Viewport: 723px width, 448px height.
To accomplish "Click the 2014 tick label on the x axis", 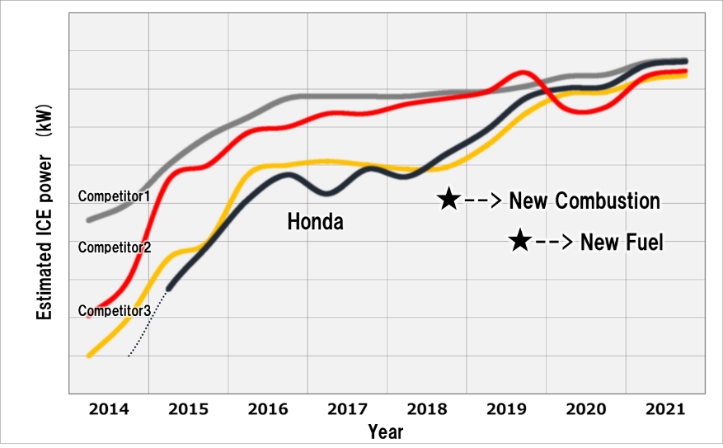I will [108, 410].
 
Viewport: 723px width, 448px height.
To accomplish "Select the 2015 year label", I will [188, 410].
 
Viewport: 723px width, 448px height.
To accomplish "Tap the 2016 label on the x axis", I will [268, 410].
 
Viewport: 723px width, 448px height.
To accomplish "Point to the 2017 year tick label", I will [348, 410].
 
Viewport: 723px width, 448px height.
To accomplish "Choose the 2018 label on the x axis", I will [427, 410].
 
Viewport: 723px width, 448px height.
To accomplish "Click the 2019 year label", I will [506, 410].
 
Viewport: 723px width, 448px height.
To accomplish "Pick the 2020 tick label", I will [586, 410].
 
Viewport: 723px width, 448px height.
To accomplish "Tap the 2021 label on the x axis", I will [665, 410].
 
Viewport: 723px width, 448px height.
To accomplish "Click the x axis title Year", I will [386, 431].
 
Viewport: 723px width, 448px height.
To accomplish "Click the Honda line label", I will [315, 221].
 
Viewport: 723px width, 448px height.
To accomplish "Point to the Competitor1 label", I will [114, 196].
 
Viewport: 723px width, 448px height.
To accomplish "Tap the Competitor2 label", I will [114, 247].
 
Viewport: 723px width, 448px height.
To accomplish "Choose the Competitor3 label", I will [114, 311].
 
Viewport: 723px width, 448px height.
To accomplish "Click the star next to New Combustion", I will [448, 199].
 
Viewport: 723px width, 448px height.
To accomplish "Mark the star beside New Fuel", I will [519, 241].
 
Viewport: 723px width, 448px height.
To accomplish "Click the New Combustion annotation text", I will [585, 200].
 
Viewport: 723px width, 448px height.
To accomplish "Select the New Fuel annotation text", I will [622, 242].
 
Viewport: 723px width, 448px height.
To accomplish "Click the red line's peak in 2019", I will [523, 73].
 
